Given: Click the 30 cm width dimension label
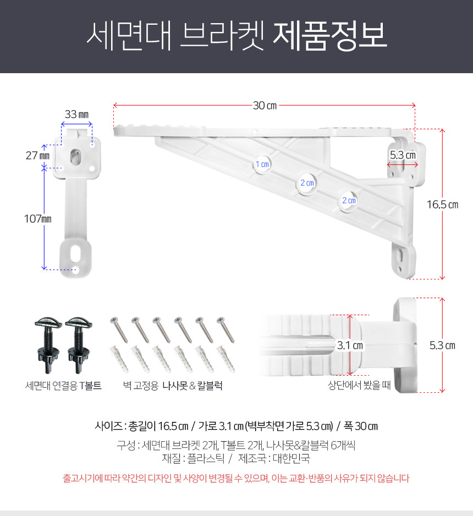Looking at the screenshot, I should point(264,105).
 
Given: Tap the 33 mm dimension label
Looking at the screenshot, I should point(76,114).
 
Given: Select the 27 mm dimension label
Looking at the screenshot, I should point(37,156).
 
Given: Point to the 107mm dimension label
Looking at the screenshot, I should point(37,218).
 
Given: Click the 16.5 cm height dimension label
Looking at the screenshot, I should point(442,205).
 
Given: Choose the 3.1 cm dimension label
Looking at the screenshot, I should point(350,346).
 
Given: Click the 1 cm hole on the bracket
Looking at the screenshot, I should point(262,164).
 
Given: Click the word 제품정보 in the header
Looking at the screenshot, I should point(330,36).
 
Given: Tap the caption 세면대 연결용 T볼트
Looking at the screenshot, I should point(63,386).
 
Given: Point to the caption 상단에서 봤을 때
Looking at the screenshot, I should point(359,386).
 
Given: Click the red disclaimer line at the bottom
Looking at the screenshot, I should point(236,478).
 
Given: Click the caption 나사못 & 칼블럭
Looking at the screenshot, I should point(192,386).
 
